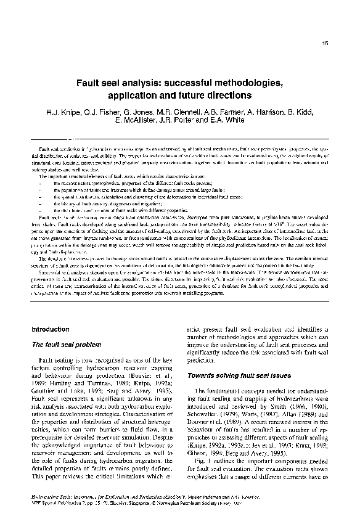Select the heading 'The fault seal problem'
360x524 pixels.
[x=63, y=344]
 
